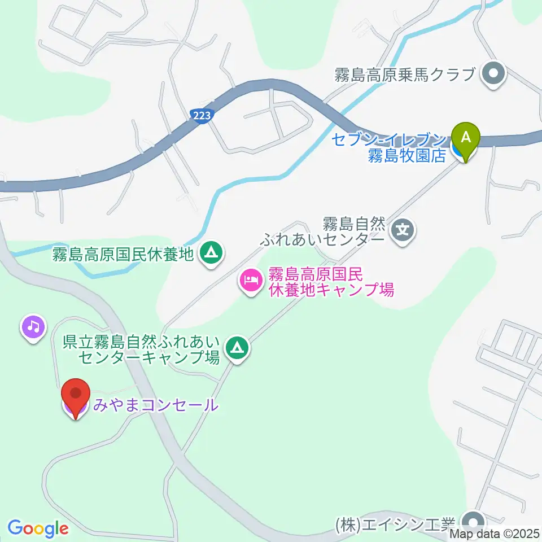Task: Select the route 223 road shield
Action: [x=201, y=115]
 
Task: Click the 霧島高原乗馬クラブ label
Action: [x=403, y=75]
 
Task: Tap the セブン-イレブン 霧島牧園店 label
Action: [x=390, y=147]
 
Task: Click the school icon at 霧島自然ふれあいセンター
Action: [x=403, y=230]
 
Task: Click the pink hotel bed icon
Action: [x=251, y=281]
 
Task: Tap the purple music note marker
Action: [x=33, y=326]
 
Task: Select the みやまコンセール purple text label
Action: [x=155, y=405]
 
